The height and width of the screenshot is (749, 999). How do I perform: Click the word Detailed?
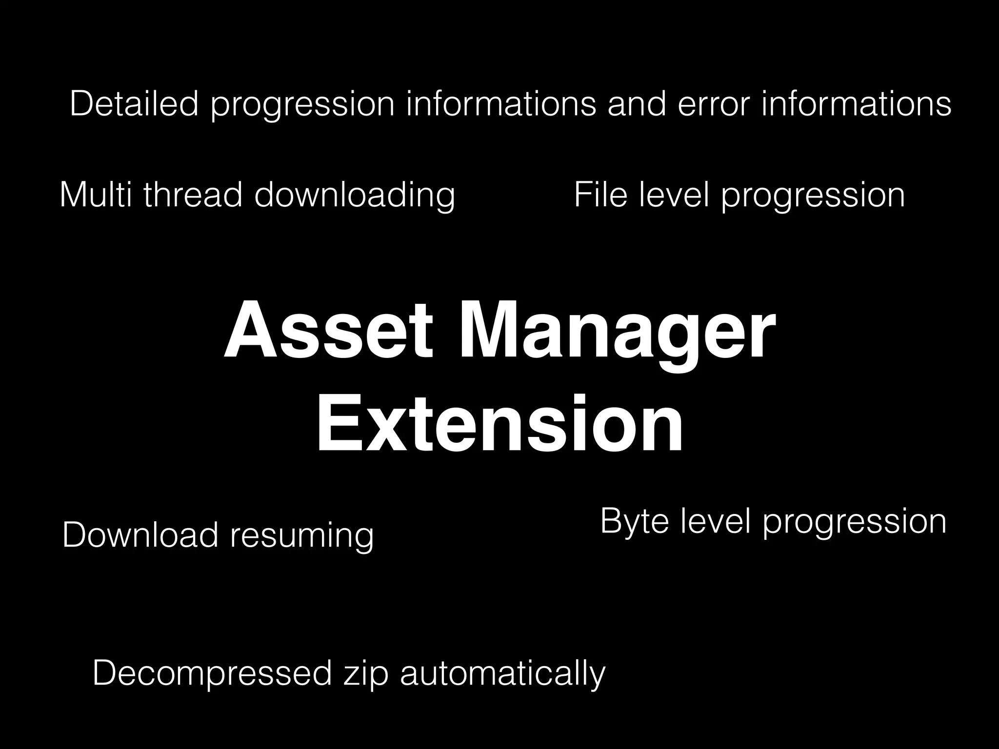134,104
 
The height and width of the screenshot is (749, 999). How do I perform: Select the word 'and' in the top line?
637,104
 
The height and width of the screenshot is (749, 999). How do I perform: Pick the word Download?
140,535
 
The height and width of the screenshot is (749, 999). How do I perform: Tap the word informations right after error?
856,104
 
